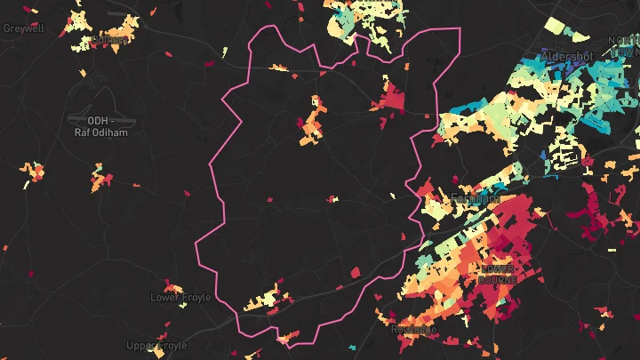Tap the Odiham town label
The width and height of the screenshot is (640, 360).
[109, 39]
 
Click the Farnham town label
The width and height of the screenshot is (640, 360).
[476, 198]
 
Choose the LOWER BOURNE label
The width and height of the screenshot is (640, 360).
[497, 273]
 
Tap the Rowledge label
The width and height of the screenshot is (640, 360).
[413, 329]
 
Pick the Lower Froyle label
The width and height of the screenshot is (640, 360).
[180, 297]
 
